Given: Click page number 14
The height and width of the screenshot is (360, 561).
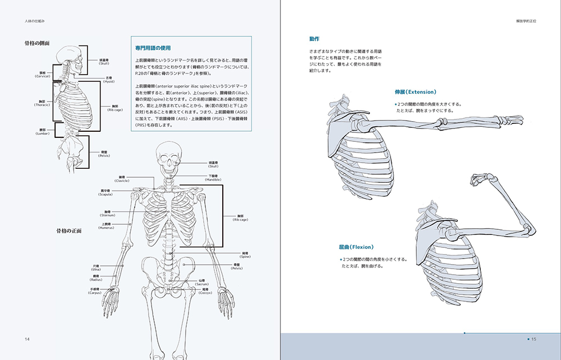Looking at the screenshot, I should (x=27, y=339).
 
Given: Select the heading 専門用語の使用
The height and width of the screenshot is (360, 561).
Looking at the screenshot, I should (x=153, y=48).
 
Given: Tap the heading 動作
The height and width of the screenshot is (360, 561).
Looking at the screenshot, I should (x=314, y=39).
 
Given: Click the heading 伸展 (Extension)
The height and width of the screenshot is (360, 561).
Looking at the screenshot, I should (x=415, y=91).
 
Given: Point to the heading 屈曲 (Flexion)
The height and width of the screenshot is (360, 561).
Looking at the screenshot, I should (x=356, y=247).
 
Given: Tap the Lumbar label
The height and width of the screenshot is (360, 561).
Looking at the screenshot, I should (x=43, y=132).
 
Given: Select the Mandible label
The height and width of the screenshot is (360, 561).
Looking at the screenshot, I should (x=213, y=178).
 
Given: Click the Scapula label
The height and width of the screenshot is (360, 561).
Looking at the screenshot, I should (x=106, y=192).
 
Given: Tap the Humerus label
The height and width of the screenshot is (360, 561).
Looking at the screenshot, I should (x=107, y=227).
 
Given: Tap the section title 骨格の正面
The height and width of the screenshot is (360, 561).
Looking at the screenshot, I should (x=68, y=230).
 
